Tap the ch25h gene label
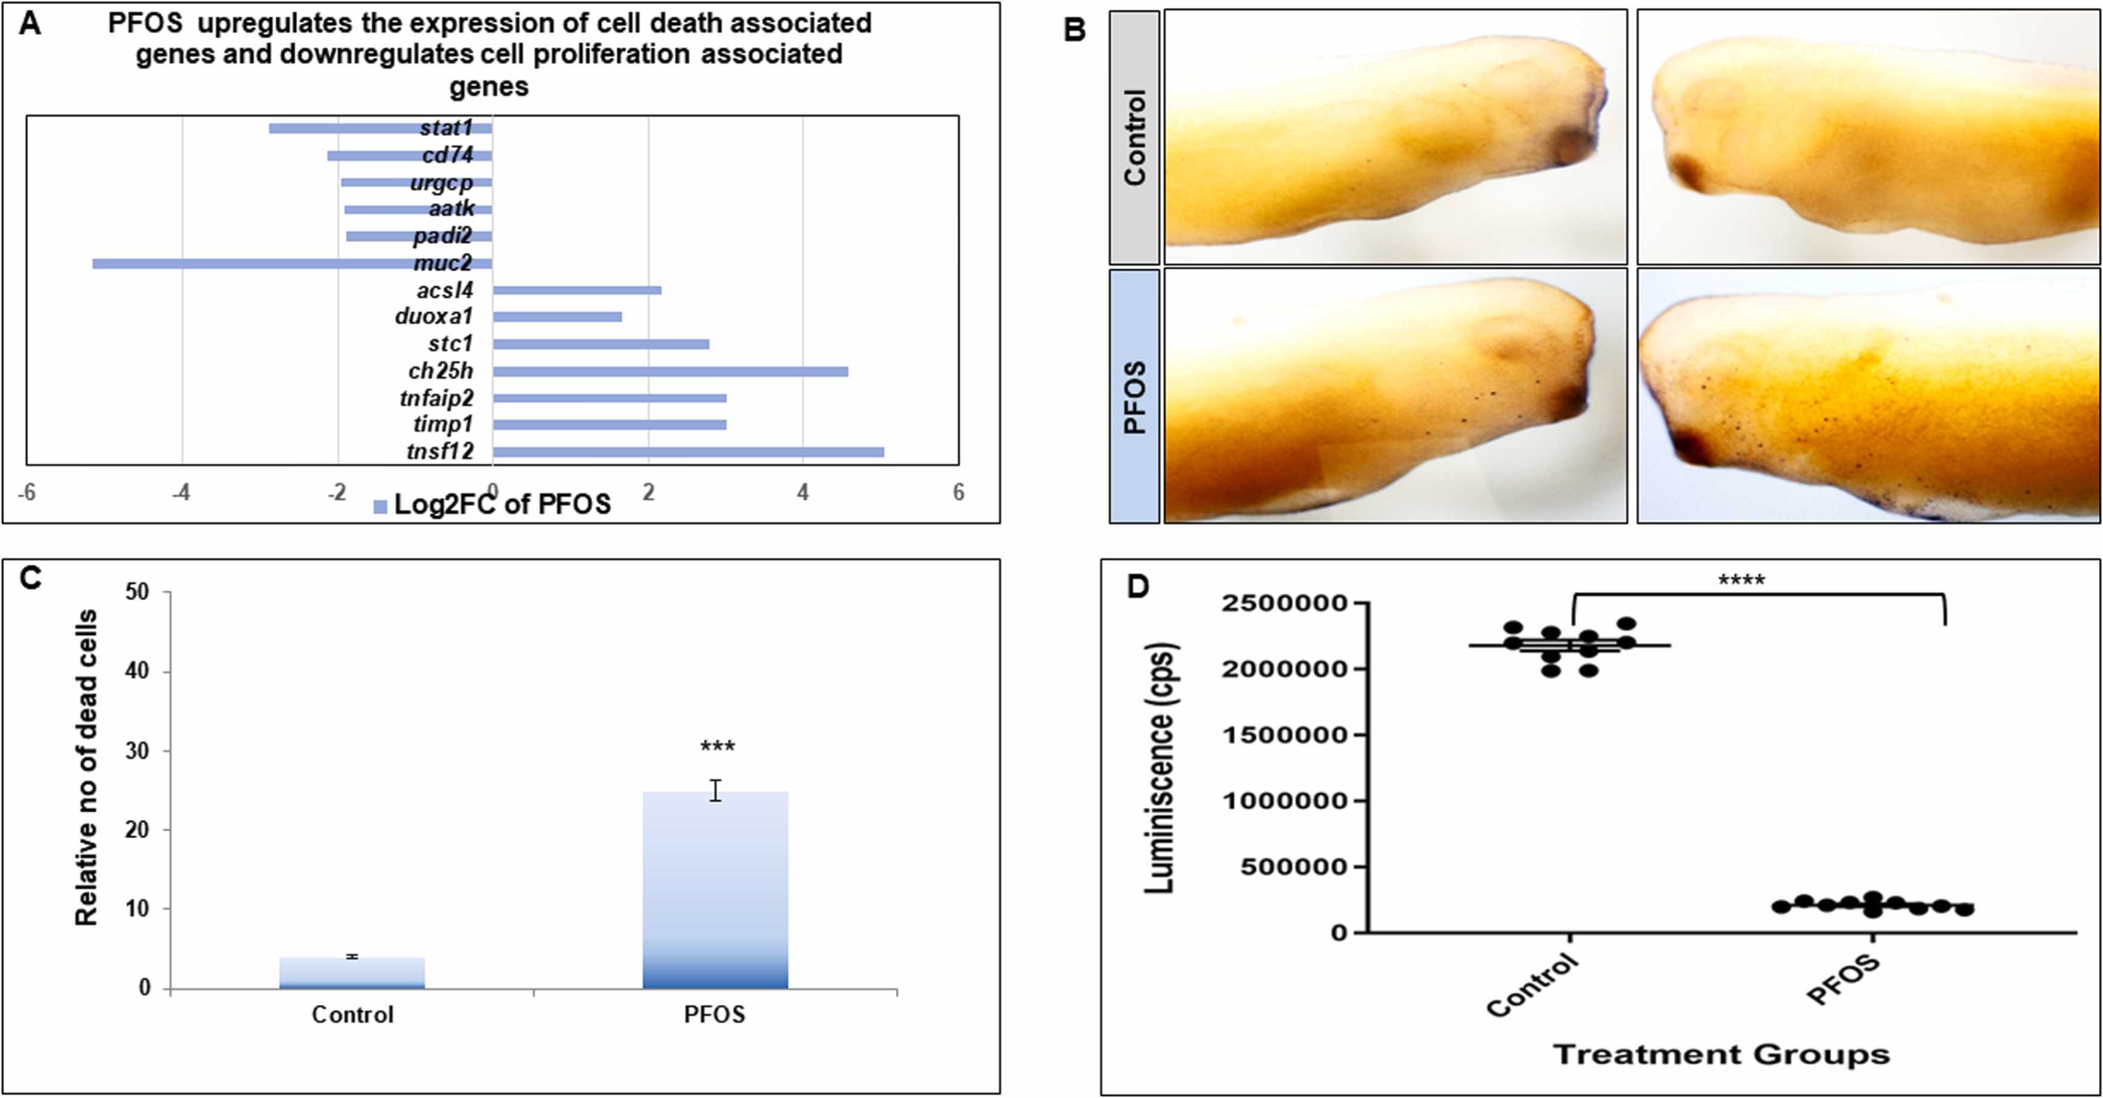[441, 371]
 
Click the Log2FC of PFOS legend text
[502, 504]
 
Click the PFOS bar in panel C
[715, 890]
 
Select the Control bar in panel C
[352, 973]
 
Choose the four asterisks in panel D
[1741, 580]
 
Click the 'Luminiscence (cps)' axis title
[1159, 768]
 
